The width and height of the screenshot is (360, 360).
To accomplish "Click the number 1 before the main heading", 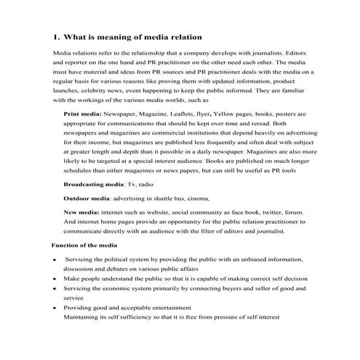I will [57, 36].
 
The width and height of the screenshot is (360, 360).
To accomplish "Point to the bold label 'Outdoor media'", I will [87, 198].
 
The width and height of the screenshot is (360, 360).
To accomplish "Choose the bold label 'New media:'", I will [81, 211].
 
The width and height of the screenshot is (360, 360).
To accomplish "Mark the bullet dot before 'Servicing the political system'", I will [55, 260].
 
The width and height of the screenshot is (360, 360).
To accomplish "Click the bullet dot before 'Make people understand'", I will [55, 279].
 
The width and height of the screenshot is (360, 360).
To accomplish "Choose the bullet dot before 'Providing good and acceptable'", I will [55, 308].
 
